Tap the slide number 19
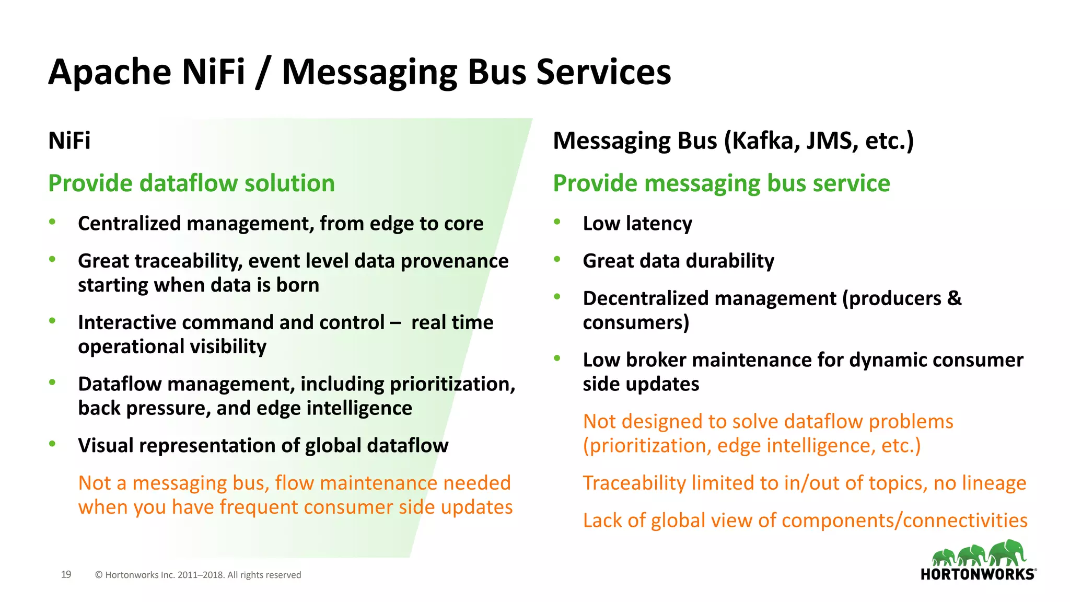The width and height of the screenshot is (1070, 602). [66, 574]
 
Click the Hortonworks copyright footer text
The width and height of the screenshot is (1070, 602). [198, 575]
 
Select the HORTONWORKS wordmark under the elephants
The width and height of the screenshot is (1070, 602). [978, 574]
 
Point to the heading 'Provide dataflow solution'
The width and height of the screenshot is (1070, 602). [191, 183]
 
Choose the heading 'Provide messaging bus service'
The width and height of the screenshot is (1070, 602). [721, 183]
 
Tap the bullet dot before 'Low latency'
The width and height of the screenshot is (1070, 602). [557, 222]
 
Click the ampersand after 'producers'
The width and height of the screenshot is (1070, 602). [954, 298]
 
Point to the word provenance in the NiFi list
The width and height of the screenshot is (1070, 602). [455, 261]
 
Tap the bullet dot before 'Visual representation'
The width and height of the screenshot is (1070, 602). [52, 444]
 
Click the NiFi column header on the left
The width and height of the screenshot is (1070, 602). [69, 141]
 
